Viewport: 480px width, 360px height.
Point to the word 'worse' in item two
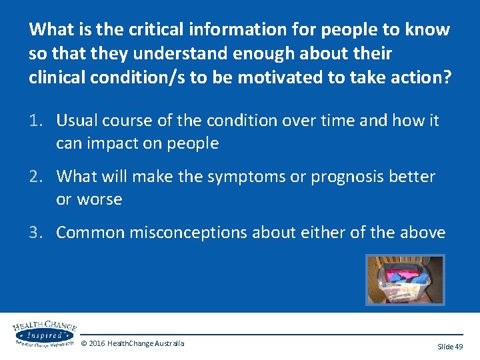(x=100, y=199)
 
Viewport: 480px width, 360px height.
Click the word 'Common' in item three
(x=89, y=233)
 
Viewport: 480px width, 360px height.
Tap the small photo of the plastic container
(x=405, y=280)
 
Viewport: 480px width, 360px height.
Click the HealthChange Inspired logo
(x=44, y=333)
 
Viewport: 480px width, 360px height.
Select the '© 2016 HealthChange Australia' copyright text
(x=133, y=343)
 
